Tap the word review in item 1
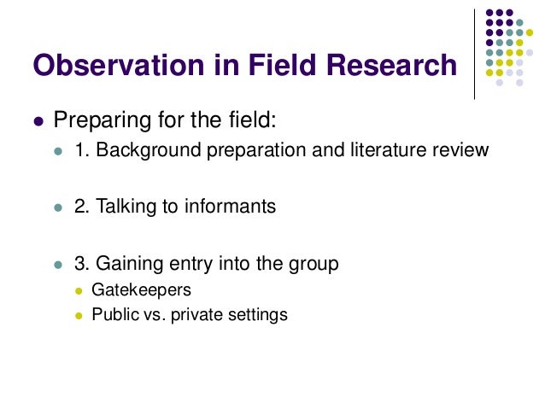(462, 151)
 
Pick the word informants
(232, 207)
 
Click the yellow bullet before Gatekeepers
(78, 291)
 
